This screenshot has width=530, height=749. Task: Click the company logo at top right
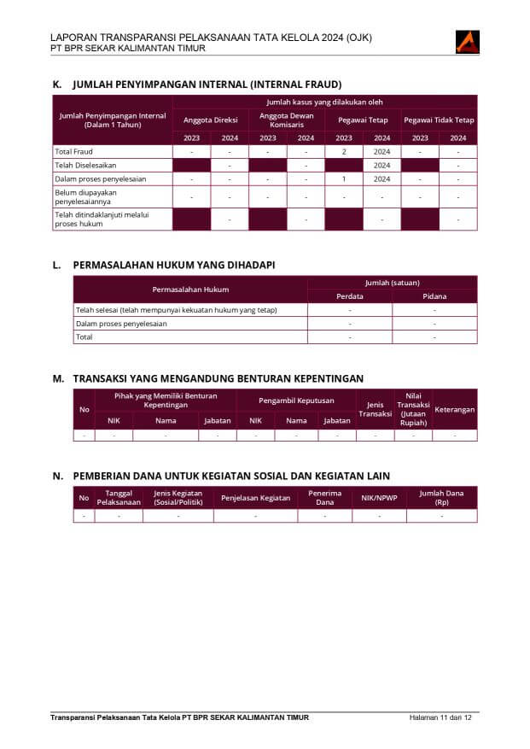coord(467,41)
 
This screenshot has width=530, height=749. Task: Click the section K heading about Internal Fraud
coord(207,85)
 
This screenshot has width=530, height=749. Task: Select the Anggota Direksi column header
coord(211,120)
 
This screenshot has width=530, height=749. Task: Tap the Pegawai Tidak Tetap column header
coord(439,120)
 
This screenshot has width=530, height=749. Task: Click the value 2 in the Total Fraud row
coord(344,151)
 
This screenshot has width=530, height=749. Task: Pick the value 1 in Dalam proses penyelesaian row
coord(344,179)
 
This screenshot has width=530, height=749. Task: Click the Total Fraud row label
coord(73,151)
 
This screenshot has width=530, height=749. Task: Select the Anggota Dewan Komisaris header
coord(287,120)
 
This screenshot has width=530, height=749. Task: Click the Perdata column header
coord(350,296)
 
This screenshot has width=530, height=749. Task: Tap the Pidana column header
coord(434,296)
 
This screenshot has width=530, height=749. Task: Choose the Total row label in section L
coord(84,337)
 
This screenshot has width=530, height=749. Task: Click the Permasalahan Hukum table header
coord(190,290)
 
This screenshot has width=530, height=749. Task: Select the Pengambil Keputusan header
coord(296,400)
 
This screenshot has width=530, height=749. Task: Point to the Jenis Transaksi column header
coord(375,409)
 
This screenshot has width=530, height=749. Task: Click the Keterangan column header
coord(454,409)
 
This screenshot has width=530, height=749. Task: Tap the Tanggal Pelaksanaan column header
coord(119,497)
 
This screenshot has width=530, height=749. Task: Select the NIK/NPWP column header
coord(379,497)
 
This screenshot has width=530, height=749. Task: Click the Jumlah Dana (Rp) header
coord(441,497)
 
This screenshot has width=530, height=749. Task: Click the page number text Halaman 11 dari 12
coord(440,717)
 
